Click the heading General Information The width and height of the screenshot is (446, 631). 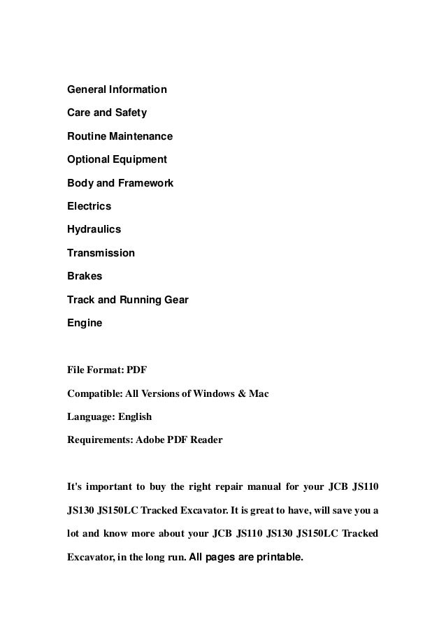pyautogui.click(x=117, y=89)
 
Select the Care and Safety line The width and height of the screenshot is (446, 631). pyautogui.click(x=106, y=113)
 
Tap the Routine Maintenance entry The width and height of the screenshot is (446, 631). pyautogui.click(x=120, y=136)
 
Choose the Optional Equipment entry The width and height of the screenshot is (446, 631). pyautogui.click(x=117, y=159)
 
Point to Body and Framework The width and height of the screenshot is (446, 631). pyautogui.click(x=120, y=183)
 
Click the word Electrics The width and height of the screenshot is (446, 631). pyautogui.click(x=89, y=206)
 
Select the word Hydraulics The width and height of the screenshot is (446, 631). pyautogui.click(x=94, y=229)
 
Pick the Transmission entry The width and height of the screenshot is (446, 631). pyautogui.click(x=101, y=253)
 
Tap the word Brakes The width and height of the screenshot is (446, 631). pyautogui.click(x=84, y=276)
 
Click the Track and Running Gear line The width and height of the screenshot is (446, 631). pyautogui.click(x=127, y=300)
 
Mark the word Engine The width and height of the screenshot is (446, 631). pyautogui.click(x=84, y=323)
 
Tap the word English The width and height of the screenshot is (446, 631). pyautogui.click(x=133, y=416)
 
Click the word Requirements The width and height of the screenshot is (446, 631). pyautogui.click(x=97, y=440)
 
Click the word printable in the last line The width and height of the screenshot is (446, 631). pyautogui.click(x=278, y=558)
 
